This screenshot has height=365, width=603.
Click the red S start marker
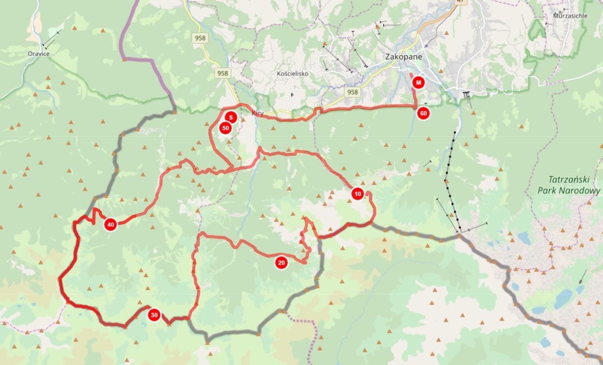tap(231, 118)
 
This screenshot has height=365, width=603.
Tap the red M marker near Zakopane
tap(419, 82)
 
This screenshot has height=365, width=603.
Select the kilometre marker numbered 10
tap(358, 194)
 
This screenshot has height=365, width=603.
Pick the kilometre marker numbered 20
tap(281, 263)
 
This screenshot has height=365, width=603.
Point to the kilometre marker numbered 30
tap(154, 315)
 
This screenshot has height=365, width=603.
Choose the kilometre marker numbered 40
tap(111, 225)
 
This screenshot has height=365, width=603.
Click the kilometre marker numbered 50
tap(225, 128)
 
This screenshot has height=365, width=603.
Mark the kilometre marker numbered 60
tap(422, 114)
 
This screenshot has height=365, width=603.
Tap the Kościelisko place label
tap(293, 74)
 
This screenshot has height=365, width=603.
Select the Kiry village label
tap(258, 114)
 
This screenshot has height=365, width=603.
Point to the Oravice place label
tap(38, 54)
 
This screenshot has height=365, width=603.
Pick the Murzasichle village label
tap(570, 16)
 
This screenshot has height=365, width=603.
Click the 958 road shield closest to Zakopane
tap(352, 92)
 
